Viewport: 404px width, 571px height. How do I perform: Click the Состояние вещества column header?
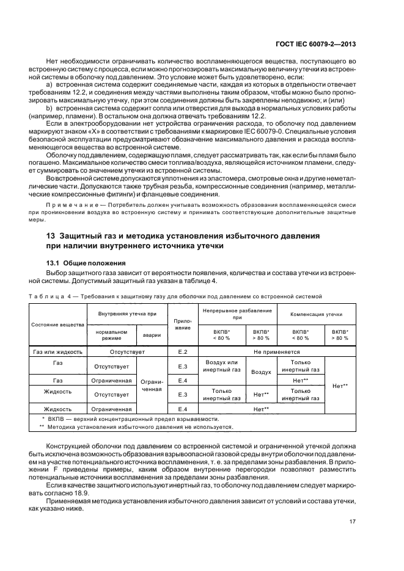tap(58, 325)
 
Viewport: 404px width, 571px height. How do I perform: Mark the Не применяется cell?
tap(277, 352)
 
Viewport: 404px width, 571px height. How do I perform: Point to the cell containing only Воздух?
tap(262, 372)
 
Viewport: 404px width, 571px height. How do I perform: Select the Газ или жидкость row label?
tap(58, 352)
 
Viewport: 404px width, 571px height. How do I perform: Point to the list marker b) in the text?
tap(48, 107)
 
